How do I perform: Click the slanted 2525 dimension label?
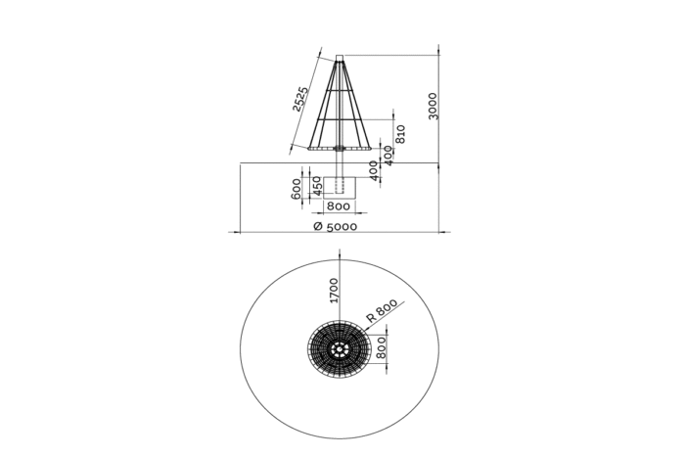click(x=300, y=99)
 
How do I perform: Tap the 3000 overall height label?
click(x=433, y=106)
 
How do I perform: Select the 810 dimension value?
click(x=400, y=134)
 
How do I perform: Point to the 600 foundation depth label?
click(x=296, y=188)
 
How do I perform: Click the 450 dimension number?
click(x=318, y=186)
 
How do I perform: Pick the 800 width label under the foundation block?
click(x=339, y=206)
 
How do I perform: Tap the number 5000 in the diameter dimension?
click(x=342, y=227)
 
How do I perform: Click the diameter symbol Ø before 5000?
click(x=318, y=226)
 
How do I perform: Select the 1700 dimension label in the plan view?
click(x=334, y=290)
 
